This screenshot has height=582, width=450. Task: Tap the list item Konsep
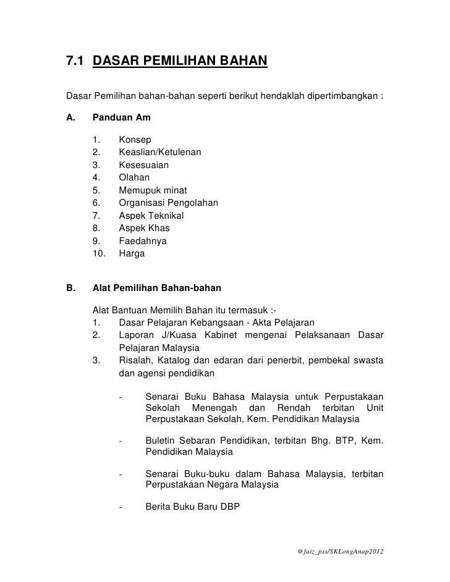[135, 140]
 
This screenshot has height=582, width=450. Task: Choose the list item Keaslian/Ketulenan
[159, 152]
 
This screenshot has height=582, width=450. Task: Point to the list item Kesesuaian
[143, 165]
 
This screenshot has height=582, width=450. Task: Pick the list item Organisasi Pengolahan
[168, 203]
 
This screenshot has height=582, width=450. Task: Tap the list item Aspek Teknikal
[151, 216]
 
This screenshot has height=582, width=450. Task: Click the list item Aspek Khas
[144, 228]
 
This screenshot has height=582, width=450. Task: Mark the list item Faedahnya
[143, 241]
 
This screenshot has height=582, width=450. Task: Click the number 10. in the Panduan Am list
[99, 253]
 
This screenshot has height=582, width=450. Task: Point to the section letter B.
[70, 287]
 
